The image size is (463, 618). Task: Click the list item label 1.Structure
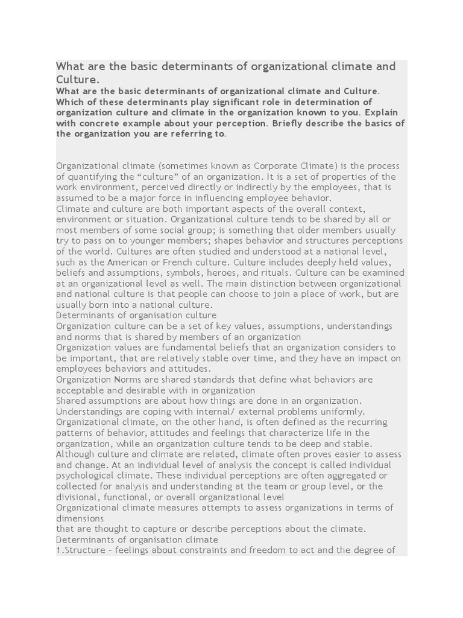coord(83,550)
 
